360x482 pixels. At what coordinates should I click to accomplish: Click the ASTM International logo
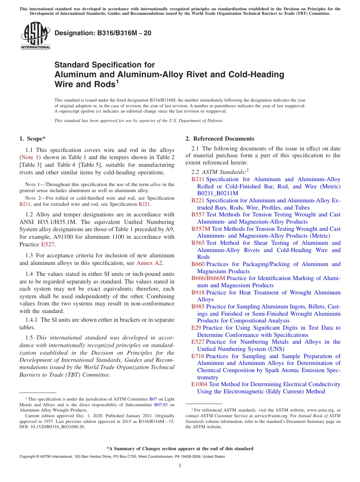coord(35,36)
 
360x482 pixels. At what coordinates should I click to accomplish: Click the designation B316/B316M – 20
coord(103,33)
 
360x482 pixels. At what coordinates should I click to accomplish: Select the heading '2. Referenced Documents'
coord(220,139)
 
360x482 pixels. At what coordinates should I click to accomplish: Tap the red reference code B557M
coord(200,229)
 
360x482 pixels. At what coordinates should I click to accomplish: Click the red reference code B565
coord(198,243)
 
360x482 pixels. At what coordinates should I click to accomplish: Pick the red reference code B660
coord(198,264)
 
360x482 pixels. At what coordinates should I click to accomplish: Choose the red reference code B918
coord(198,293)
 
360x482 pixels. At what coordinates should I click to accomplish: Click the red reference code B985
coord(198,307)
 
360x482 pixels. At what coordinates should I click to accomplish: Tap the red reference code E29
coord(196,328)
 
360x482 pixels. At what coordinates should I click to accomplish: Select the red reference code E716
coord(198,356)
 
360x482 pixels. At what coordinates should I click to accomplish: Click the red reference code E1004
coord(199,384)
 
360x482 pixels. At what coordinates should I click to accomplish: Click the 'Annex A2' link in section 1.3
coord(150,263)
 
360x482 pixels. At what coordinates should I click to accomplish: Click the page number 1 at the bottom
coord(180,465)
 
